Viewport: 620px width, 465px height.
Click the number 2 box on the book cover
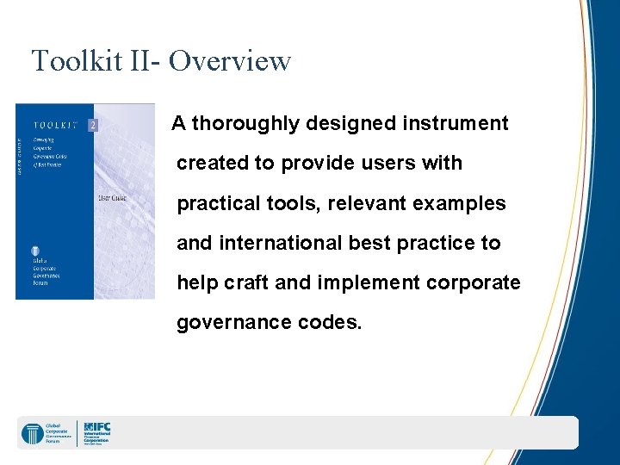(93, 125)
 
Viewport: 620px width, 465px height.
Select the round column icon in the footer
(33, 433)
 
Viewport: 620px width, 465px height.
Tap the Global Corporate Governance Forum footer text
(59, 433)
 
